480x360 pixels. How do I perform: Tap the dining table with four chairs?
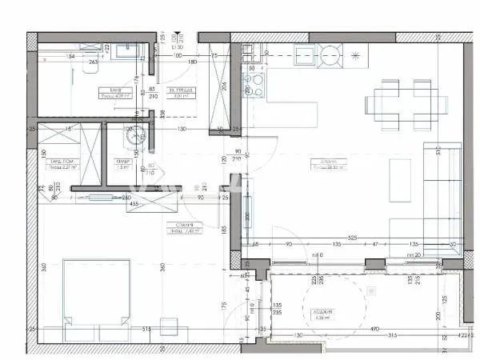point(402,103)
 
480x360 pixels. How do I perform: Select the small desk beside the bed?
point(170,326)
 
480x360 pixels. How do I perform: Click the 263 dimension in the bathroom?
point(94,62)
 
